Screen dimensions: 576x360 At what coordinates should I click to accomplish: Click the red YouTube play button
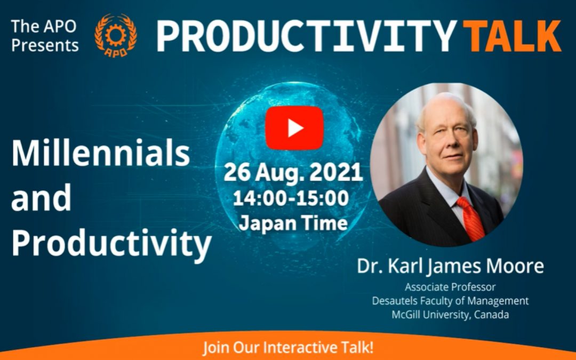294,128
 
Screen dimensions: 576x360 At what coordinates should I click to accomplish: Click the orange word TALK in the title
512,36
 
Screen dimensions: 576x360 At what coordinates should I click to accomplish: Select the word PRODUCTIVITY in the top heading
307,36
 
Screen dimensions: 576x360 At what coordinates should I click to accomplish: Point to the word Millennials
101,153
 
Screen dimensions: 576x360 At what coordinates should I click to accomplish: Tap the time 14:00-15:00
291,198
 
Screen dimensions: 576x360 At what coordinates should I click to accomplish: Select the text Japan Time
293,223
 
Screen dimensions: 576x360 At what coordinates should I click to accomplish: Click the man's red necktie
471,218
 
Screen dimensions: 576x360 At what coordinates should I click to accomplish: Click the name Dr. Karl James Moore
450,266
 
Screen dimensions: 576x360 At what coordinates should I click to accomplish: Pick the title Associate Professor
450,287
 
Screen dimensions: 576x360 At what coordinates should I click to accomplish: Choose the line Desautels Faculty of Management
450,301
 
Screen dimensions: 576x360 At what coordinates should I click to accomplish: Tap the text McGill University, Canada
450,315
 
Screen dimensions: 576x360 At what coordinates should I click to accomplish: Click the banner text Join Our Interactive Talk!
288,347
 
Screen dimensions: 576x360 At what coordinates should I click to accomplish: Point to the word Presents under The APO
45,45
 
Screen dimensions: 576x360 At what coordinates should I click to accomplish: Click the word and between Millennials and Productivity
41,198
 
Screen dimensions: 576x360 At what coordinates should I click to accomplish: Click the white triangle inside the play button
295,128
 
